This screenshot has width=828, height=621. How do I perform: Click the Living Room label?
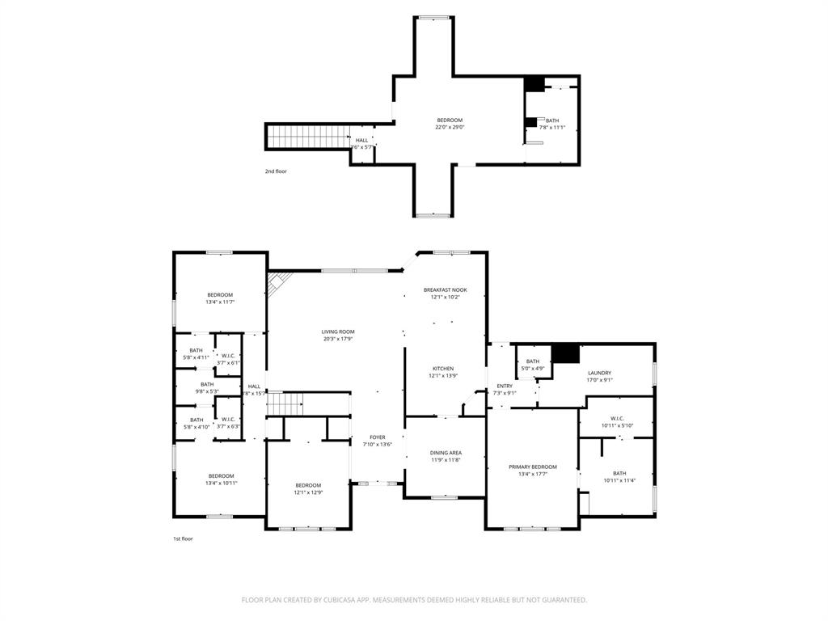click(x=338, y=336)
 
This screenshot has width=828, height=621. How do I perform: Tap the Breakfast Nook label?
click(x=445, y=294)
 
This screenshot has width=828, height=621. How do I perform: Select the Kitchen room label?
click(x=442, y=372)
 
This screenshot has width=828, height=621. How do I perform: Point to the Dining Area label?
click(x=446, y=456)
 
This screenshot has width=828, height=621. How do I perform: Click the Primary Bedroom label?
click(x=532, y=471)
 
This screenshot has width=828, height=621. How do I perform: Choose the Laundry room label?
click(x=599, y=376)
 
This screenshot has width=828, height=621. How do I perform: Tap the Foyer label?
click(x=378, y=441)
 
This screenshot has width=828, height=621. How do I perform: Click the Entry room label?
click(x=505, y=390)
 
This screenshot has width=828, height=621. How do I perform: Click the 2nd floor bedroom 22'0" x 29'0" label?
click(x=450, y=124)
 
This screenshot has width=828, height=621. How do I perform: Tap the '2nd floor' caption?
click(x=276, y=171)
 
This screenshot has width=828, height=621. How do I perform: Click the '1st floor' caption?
click(x=183, y=539)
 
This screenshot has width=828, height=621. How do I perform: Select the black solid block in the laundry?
click(x=566, y=354)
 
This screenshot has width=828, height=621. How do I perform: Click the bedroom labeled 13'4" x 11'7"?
click(x=220, y=298)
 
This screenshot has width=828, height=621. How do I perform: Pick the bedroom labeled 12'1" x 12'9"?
click(x=307, y=488)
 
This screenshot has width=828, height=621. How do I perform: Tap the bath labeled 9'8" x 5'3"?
click(x=207, y=388)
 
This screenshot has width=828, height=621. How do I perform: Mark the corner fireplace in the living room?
click(x=278, y=282)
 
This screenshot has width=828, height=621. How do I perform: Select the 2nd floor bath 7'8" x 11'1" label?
click(x=551, y=124)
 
